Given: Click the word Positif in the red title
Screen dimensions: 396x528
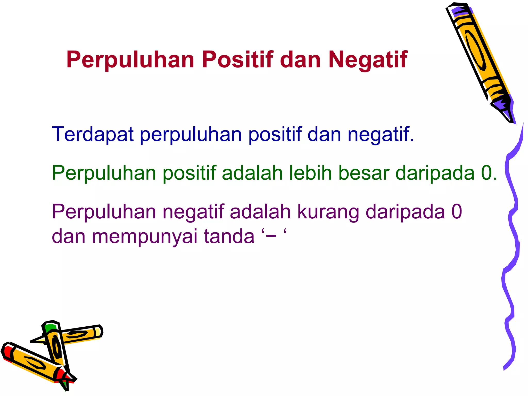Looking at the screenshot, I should tap(237, 60).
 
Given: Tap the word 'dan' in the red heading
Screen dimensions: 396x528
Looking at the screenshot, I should tap(300, 60).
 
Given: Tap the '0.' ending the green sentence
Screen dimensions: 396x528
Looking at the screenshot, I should tap(489, 173).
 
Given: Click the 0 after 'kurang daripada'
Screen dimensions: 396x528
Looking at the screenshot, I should tap(457, 212).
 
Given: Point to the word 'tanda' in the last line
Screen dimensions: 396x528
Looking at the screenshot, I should tap(229, 236).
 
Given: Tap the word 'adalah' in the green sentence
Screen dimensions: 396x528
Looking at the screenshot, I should tap(252, 173).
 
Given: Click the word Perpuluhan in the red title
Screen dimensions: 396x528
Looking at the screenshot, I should tap(130, 60).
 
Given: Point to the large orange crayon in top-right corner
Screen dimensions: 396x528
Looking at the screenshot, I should tap(477, 52).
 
